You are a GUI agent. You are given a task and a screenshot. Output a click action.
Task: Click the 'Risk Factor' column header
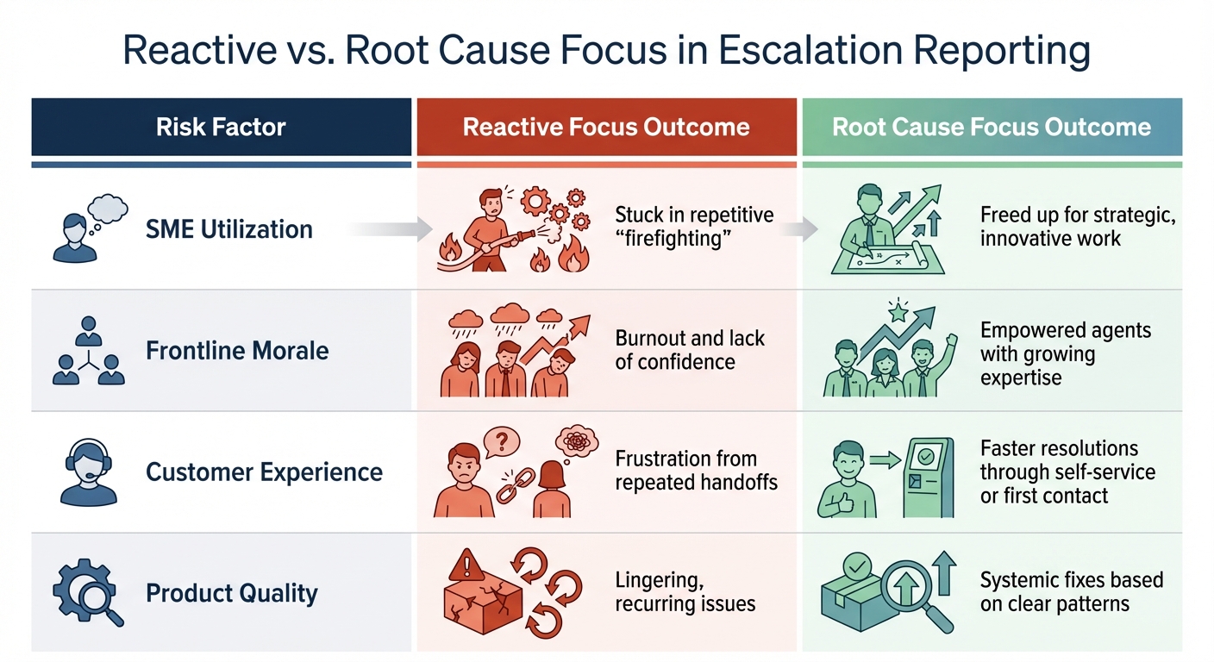tap(221, 128)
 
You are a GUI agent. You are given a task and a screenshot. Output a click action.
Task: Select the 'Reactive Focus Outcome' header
tap(606, 128)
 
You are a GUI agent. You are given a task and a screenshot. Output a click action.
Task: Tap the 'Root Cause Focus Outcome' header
tap(992, 128)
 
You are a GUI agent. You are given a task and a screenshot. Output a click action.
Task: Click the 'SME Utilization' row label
tap(228, 229)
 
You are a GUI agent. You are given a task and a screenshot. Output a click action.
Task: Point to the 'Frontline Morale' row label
tap(237, 351)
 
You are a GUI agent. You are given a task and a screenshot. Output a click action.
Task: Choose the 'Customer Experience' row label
tap(264, 472)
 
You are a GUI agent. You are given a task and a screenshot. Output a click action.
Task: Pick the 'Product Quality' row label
tap(232, 593)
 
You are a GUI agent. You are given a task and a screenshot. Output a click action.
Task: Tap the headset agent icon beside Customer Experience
tap(90, 472)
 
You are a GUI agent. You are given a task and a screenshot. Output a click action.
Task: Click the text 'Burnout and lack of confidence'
tap(690, 350)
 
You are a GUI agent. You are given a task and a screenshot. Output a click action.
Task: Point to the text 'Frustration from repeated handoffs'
tap(696, 471)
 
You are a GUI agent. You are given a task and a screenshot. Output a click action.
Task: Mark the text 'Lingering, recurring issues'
tap(685, 592)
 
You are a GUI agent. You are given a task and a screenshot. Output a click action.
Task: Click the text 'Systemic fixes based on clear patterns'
tap(1071, 591)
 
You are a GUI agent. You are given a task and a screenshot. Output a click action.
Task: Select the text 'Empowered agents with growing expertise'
tap(1065, 354)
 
